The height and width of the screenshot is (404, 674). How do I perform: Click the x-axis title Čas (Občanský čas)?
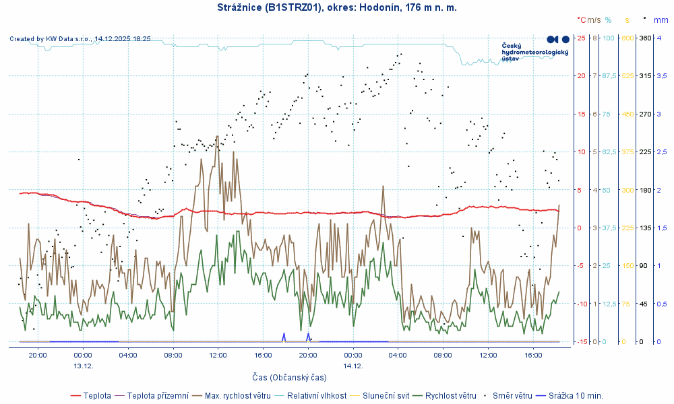coord(289,377)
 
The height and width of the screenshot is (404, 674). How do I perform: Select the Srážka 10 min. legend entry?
coord(576,395)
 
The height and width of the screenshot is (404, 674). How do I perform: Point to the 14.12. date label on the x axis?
coord(353,366)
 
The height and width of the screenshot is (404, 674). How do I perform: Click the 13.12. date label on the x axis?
coord(83,366)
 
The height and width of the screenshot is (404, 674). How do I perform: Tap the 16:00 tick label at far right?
coord(533,355)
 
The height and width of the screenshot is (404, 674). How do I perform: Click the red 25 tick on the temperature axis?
coord(581,38)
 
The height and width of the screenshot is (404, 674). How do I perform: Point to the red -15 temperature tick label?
coord(580,341)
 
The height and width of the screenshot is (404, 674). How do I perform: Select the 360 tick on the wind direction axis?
coord(644,38)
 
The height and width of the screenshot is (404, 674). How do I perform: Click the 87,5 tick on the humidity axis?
coord(609,75)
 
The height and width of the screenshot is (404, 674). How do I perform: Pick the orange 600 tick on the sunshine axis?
coord(627,38)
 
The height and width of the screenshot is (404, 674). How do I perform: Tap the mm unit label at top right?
coord(662,20)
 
